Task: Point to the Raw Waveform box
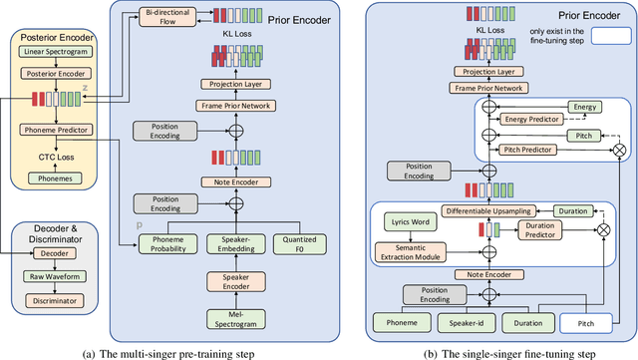click(x=51, y=279)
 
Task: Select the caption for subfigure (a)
click(x=164, y=352)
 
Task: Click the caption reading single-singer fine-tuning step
click(x=494, y=352)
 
